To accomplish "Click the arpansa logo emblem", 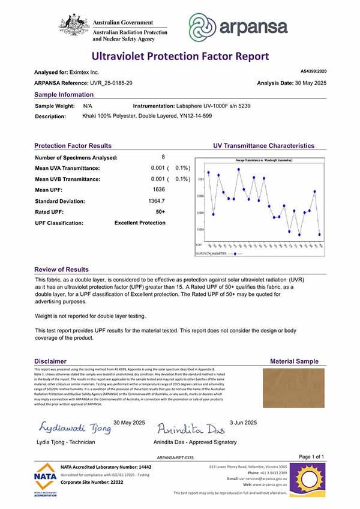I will click(x=205, y=27).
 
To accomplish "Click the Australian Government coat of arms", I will click(x=73, y=26).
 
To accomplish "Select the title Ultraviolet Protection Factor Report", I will click(x=180, y=56).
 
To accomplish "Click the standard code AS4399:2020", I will click(x=312, y=71).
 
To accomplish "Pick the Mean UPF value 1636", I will click(x=159, y=190).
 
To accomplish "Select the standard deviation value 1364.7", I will click(x=157, y=201).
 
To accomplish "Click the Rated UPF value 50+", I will click(x=160, y=212).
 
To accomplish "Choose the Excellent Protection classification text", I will click(x=140, y=223).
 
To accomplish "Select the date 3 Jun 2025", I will click(x=243, y=423).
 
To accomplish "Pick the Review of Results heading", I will click(x=61, y=270).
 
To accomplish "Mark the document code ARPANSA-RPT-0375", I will click(x=175, y=457).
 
